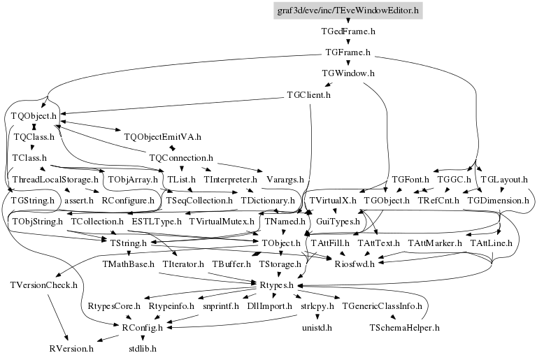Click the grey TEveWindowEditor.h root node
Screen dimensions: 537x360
348,10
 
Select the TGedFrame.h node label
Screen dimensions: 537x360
348,31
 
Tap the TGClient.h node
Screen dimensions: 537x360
308,95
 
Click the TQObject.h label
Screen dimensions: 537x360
34,116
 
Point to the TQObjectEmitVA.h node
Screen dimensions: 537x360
163,137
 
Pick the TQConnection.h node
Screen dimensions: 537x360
181,158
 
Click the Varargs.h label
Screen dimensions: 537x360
285,180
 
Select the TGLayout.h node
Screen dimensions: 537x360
504,180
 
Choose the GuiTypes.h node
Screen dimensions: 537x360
338,222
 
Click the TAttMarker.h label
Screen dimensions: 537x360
435,243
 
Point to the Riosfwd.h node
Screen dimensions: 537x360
355,264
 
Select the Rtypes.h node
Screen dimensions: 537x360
277,285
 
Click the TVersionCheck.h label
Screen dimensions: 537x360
44,285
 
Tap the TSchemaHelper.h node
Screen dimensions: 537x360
404,328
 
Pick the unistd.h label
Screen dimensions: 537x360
317,328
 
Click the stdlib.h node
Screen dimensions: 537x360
143,349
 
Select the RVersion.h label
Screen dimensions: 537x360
71,349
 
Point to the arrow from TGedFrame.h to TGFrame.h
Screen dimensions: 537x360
348,41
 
